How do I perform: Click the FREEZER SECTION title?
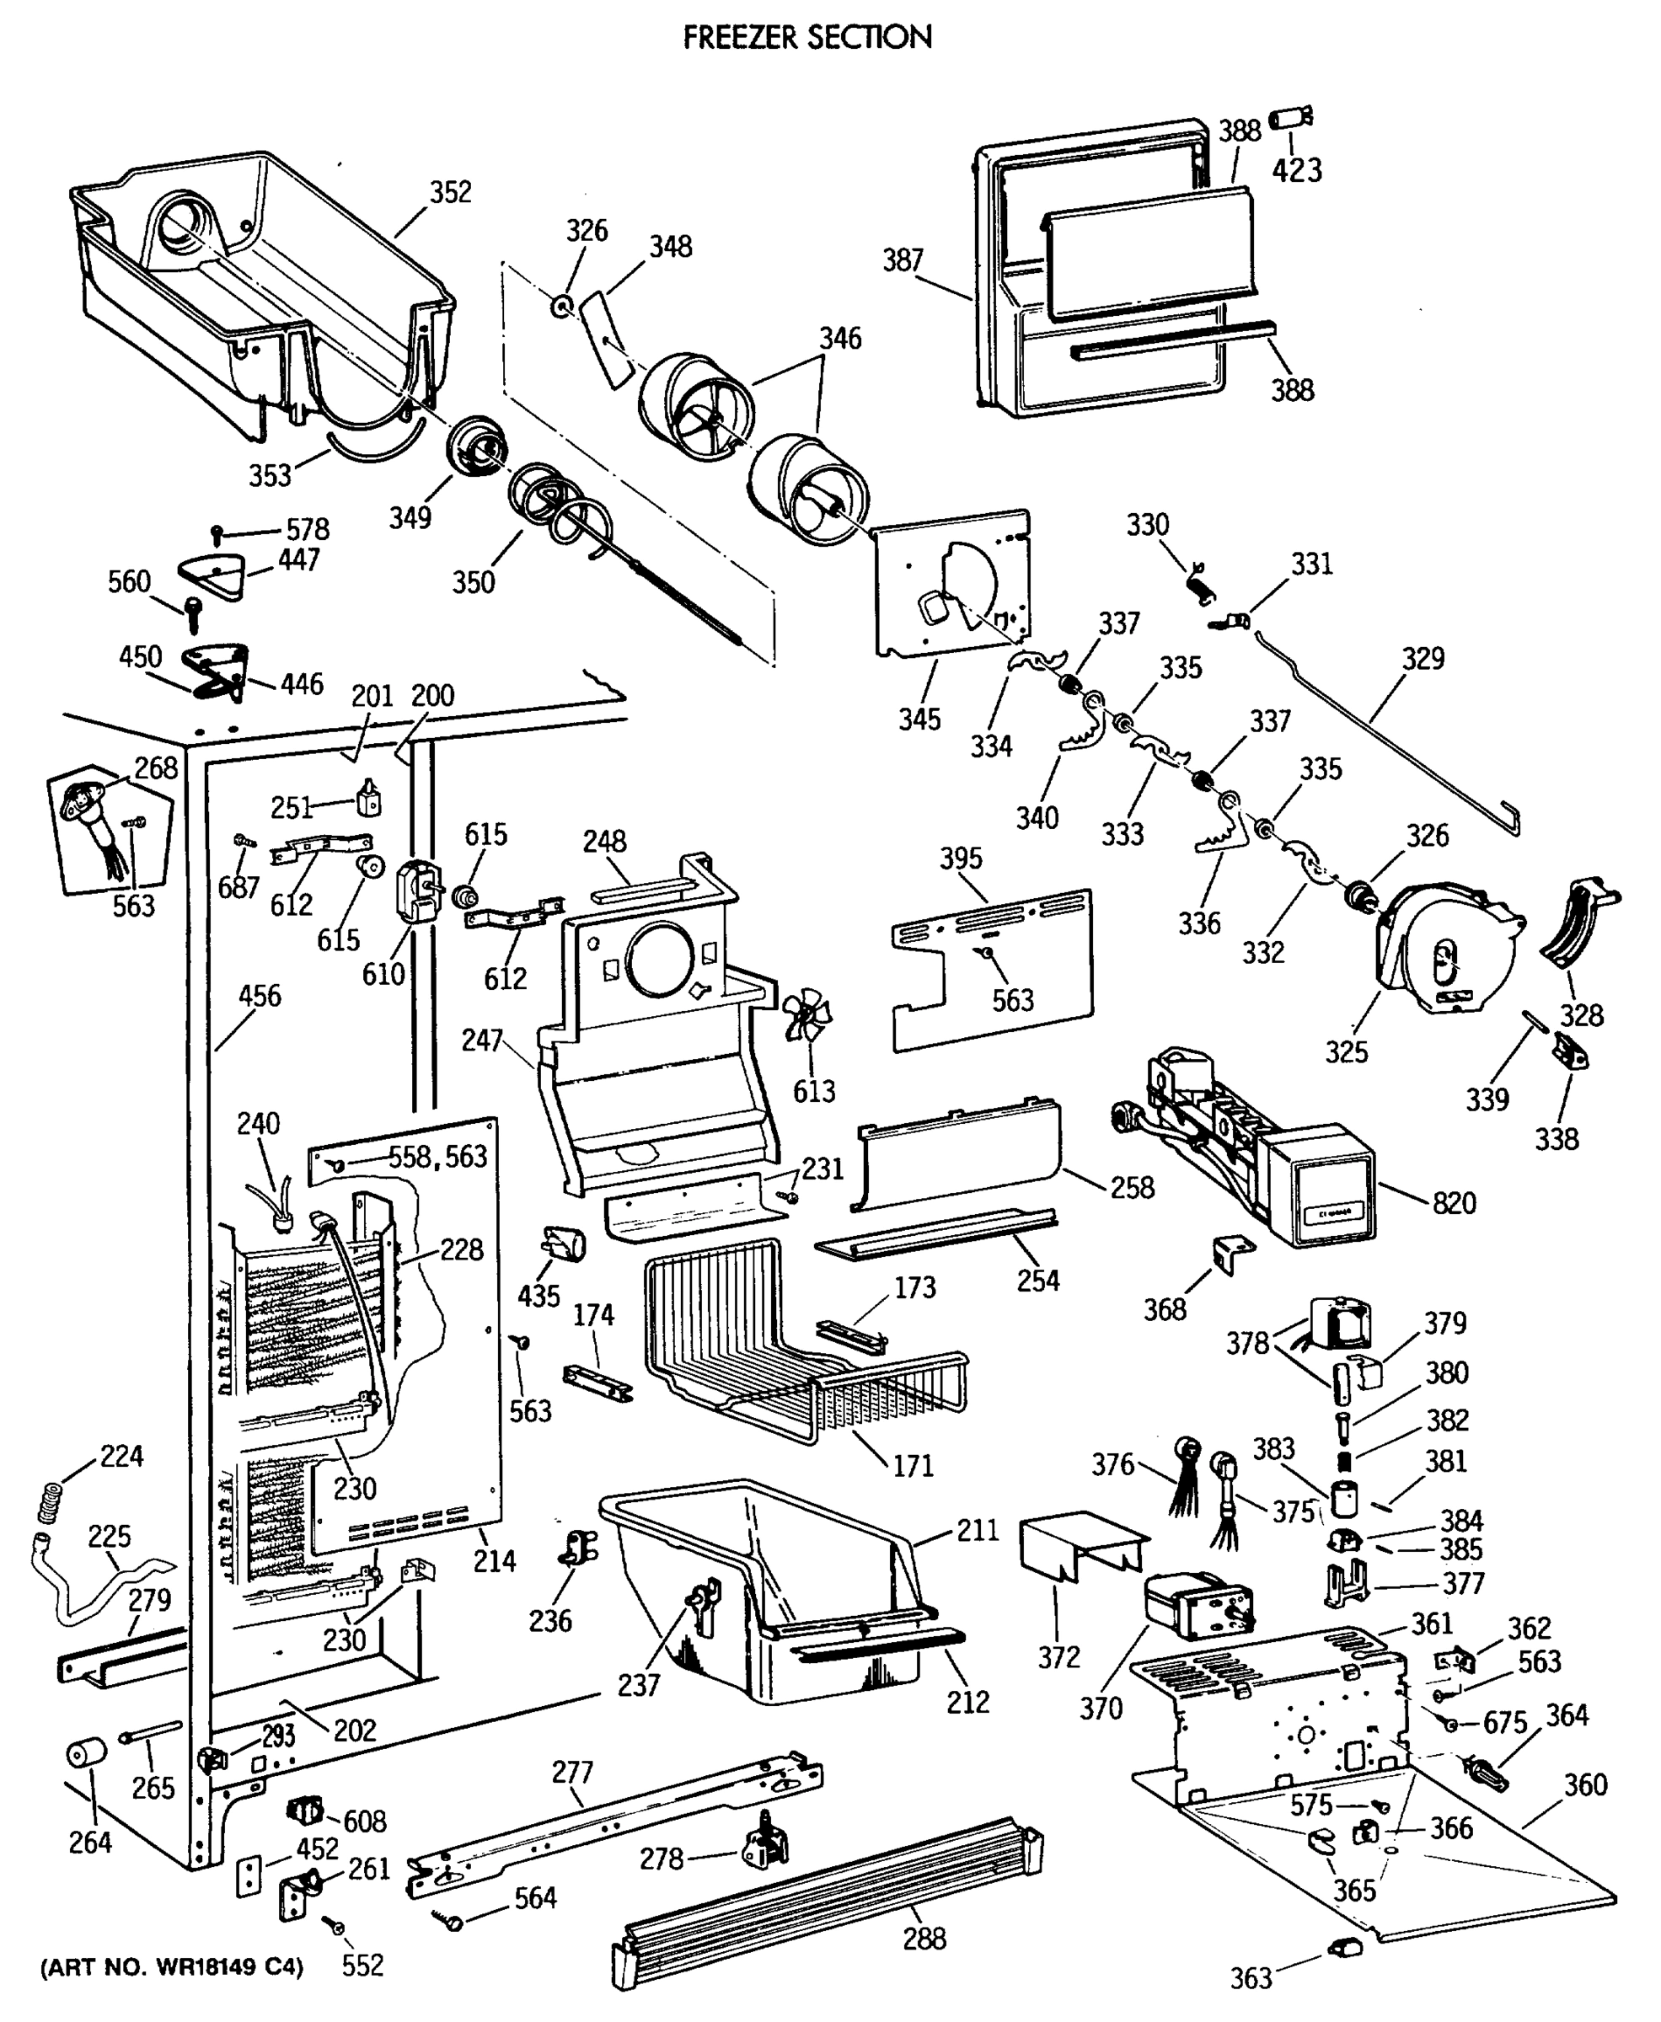pos(806,36)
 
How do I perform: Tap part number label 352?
pos(450,192)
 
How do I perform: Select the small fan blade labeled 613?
pos(806,1016)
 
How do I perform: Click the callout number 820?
pos(1454,1202)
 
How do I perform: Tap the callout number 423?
pos(1296,170)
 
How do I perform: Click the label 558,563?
pos(437,1157)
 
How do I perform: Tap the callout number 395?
pos(960,858)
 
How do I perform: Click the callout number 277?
pos(572,1773)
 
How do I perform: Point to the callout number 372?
pos(1058,1657)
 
